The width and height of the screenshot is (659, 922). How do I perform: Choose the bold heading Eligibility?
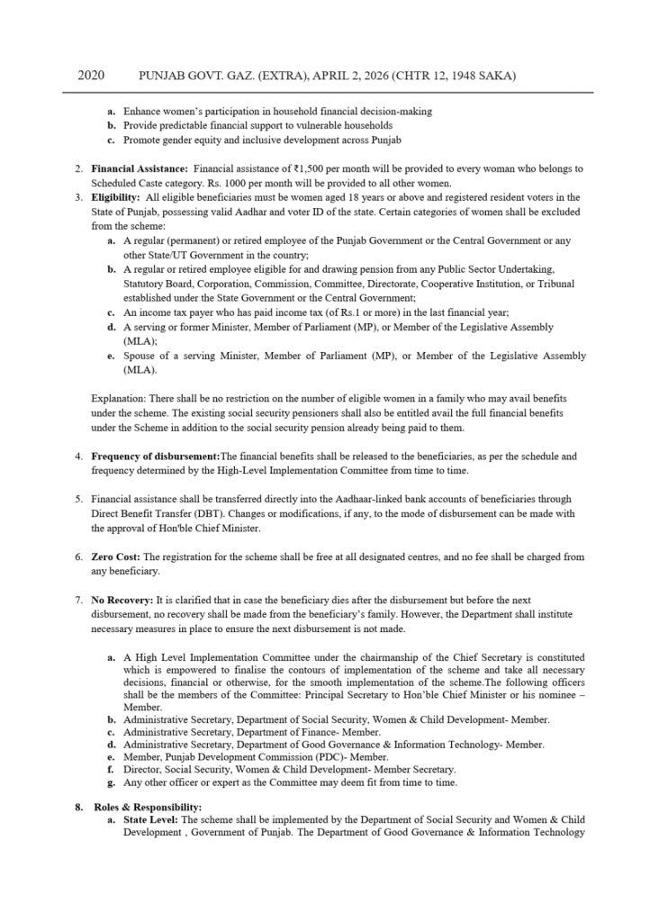[116, 197]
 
